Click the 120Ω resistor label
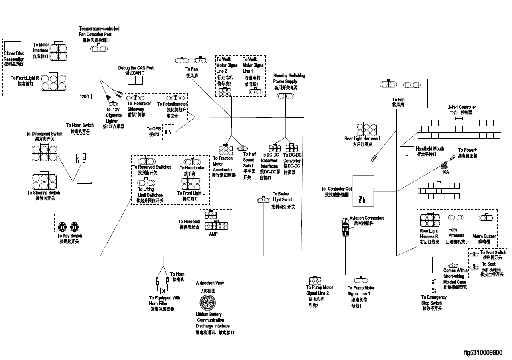tap(84, 96)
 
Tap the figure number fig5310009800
tap(483, 353)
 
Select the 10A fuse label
tap(445, 172)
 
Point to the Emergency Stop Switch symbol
tap(433, 284)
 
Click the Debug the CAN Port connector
tap(136, 80)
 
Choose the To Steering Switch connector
tap(44, 180)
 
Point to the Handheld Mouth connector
tap(406, 151)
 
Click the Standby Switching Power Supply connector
tap(286, 95)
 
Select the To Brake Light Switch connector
tap(263, 200)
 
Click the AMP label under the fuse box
tap(213, 234)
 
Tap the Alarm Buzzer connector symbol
tap(484, 217)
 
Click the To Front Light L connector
tap(191, 183)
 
